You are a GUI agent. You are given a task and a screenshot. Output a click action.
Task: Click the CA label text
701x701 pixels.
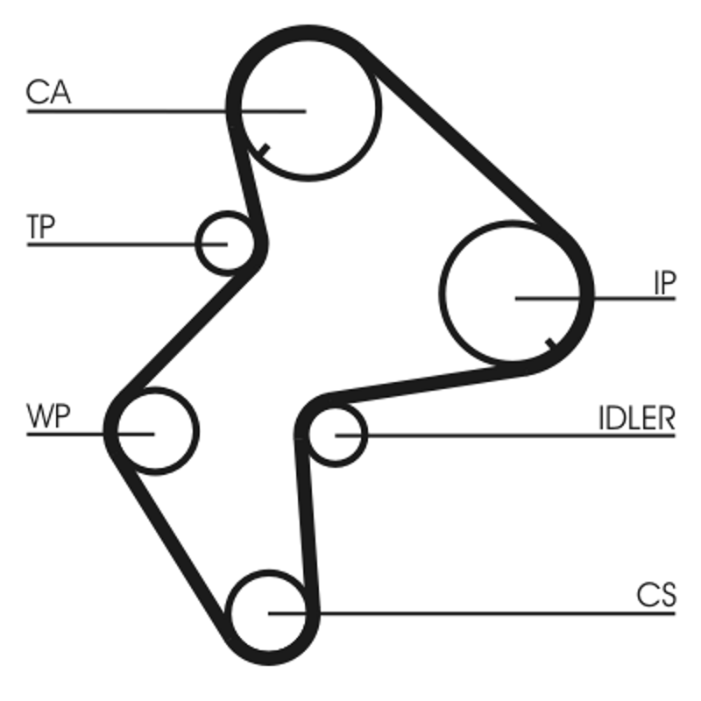(x=48, y=92)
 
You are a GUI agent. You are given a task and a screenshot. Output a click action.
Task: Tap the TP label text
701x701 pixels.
(x=40, y=227)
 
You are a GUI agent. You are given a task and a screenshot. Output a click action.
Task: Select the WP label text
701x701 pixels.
(x=48, y=415)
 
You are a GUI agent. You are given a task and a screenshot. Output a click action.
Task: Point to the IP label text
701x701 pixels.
(x=664, y=283)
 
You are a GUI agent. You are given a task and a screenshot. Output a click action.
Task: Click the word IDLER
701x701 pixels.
(x=637, y=419)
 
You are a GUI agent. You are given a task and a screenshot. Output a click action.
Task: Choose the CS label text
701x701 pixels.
(x=655, y=595)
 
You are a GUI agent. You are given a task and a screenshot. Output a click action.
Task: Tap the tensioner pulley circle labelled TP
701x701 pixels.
(x=196, y=244)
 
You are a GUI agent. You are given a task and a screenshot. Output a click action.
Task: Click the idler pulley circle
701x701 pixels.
(x=365, y=434)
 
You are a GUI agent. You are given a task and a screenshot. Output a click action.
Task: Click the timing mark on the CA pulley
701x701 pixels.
(x=265, y=150)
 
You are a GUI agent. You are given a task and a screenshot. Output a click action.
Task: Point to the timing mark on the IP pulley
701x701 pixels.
(x=552, y=344)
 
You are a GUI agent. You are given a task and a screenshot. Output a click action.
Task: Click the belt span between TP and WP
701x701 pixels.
(x=188, y=330)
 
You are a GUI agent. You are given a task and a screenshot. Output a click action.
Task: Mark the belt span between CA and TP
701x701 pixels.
(x=246, y=179)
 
